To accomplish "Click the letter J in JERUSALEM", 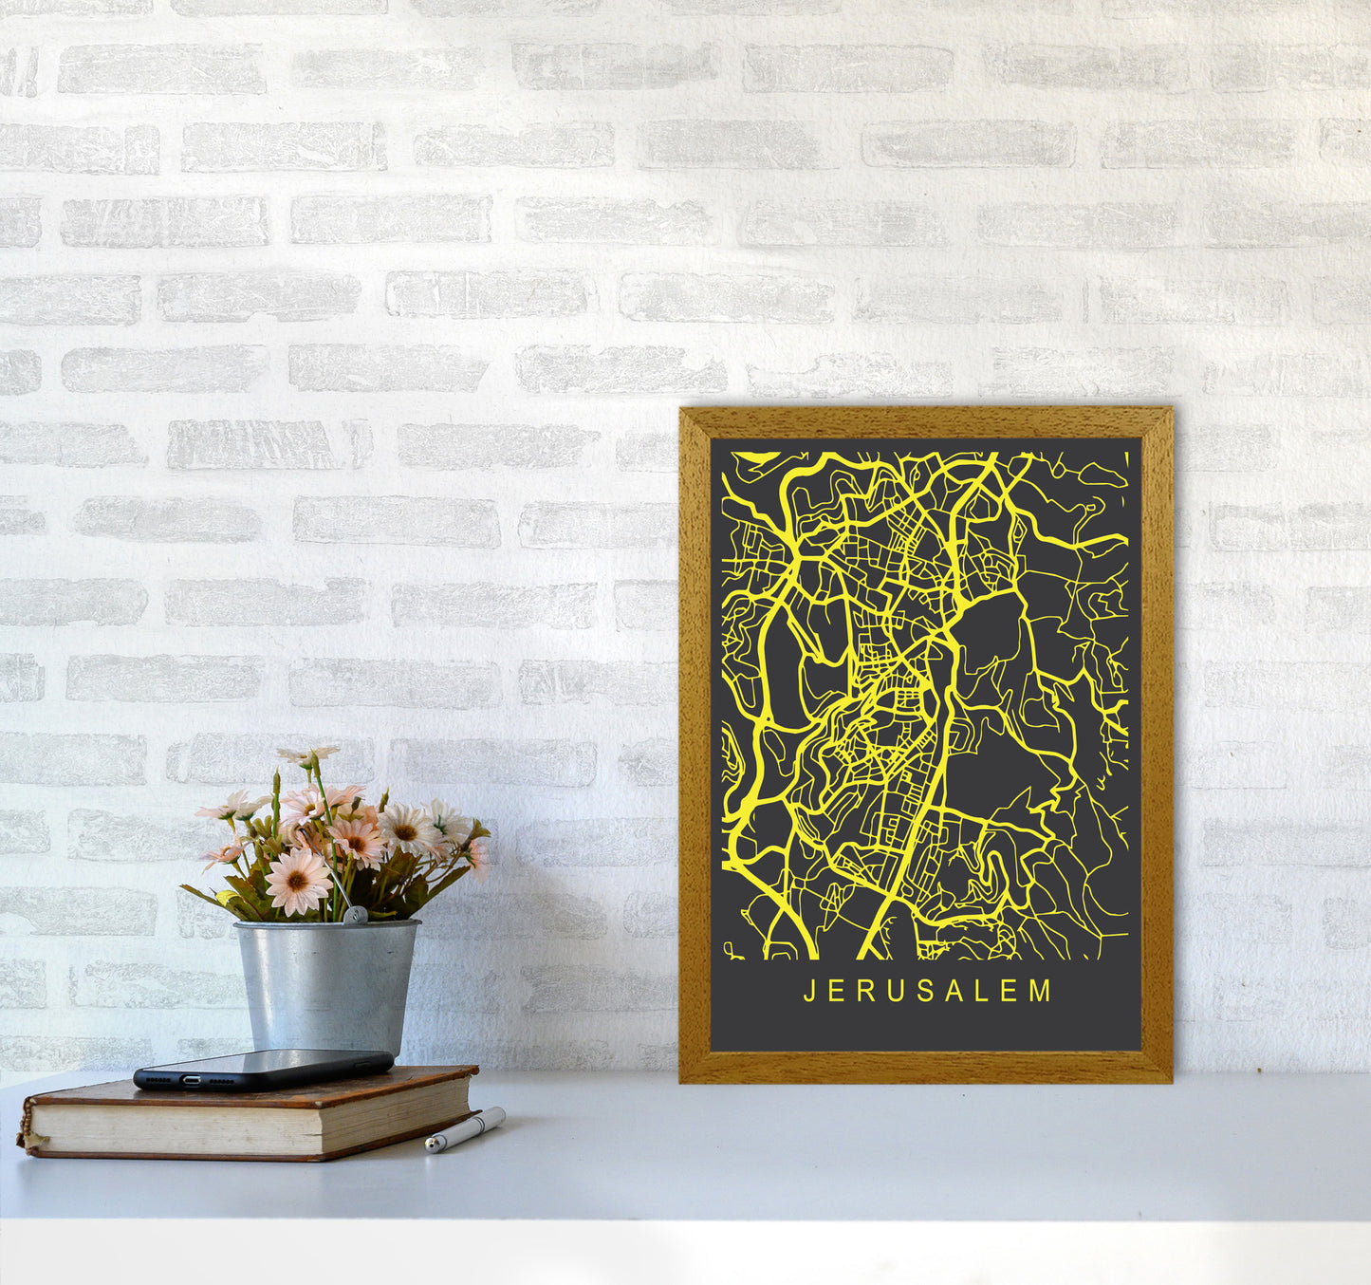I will pyautogui.click(x=809, y=992).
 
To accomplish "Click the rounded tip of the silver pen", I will pyautogui.click(x=431, y=1146).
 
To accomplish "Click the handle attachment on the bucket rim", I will pyautogui.click(x=355, y=916).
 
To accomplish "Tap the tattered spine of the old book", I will pyautogui.click(x=27, y=1126).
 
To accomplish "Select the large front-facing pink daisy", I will pyautogui.click(x=297, y=880).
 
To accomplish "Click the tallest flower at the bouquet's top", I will pyautogui.click(x=308, y=755).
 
